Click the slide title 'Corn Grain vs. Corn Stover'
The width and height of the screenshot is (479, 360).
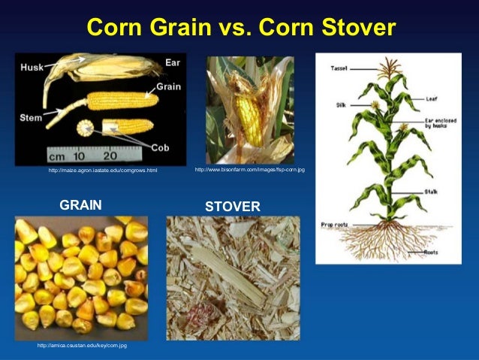[240, 28]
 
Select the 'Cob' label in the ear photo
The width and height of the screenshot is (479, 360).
[171, 147]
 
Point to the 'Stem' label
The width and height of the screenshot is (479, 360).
[31, 116]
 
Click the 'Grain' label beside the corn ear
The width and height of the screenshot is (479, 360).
[169, 86]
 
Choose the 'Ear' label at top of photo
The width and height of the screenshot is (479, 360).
[172, 62]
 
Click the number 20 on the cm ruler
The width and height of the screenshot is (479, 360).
[109, 158]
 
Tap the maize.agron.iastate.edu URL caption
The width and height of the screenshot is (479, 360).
[103, 171]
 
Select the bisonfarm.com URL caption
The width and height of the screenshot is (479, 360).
[249, 170]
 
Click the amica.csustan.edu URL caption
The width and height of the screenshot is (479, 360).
[82, 345]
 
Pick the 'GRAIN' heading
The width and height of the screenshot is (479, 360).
[80, 204]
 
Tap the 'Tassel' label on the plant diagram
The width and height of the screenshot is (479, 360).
[339, 68]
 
